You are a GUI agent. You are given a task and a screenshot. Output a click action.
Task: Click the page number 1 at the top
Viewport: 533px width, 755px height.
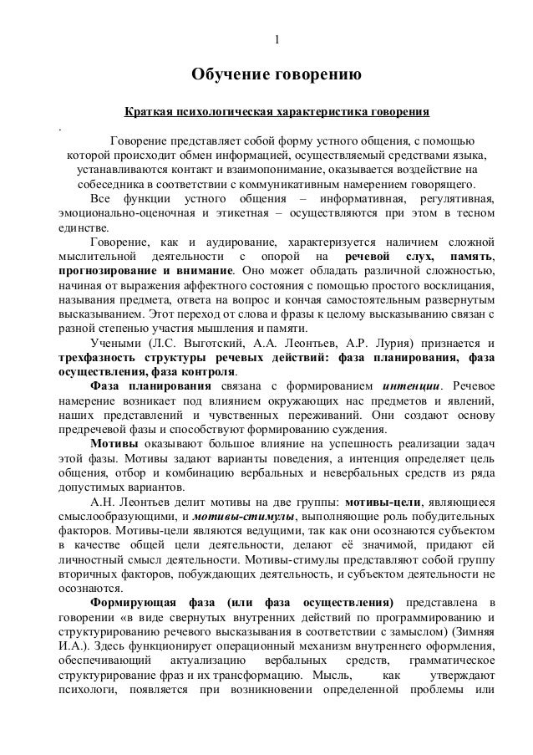(x=277, y=43)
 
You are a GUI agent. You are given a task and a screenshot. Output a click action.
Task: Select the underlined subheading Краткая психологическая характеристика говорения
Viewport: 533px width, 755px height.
(x=276, y=110)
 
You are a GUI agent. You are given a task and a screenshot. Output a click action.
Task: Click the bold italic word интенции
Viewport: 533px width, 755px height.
(x=409, y=386)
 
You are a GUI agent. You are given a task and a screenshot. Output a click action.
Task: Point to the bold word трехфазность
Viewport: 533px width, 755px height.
(x=89, y=358)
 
